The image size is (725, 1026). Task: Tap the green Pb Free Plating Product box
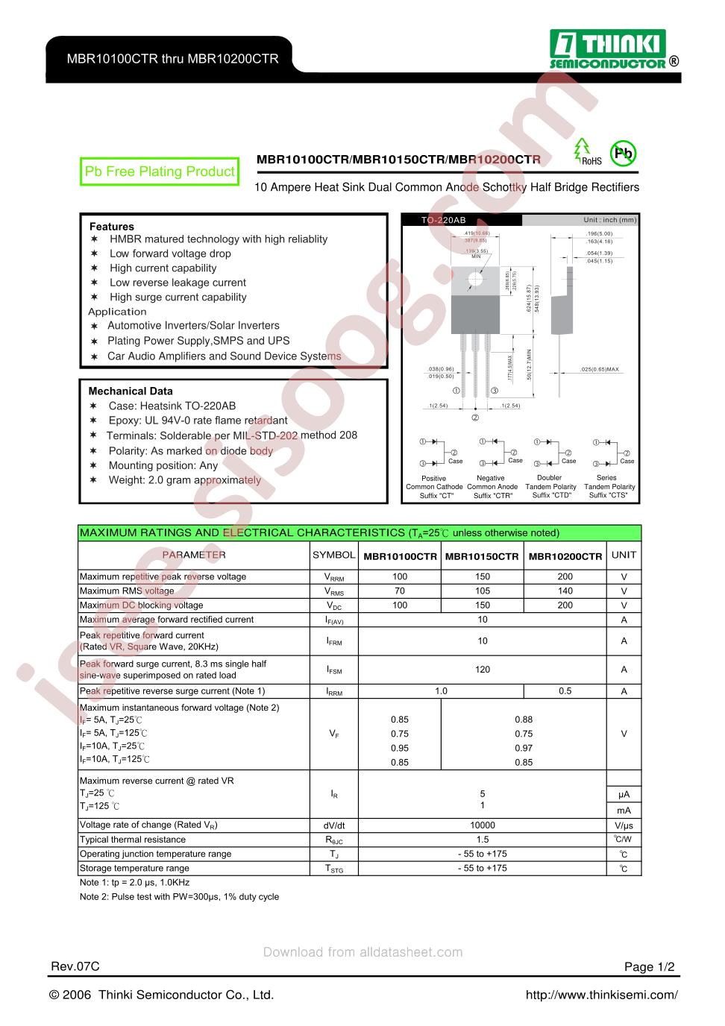[x=160, y=172]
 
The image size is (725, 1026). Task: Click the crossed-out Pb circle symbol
[x=623, y=154]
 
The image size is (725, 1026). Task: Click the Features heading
[x=112, y=227]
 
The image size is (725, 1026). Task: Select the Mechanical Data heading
[x=131, y=391]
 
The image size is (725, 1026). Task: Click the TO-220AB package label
[x=443, y=221]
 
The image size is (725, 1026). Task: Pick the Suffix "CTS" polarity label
[x=609, y=495]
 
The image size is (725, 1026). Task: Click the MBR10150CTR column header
[x=482, y=556]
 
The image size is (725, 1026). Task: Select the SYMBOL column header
[x=333, y=555]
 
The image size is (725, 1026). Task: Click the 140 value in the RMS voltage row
[x=565, y=591]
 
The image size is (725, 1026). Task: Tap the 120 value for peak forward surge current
[x=483, y=670]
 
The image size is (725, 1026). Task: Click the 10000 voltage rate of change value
[x=483, y=825]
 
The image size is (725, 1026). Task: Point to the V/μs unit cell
[x=624, y=825]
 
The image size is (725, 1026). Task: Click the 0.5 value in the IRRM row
[x=565, y=691]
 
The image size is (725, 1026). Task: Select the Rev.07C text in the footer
[x=75, y=966]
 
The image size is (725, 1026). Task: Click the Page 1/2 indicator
[x=649, y=967]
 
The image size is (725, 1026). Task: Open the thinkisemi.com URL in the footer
[x=601, y=995]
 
